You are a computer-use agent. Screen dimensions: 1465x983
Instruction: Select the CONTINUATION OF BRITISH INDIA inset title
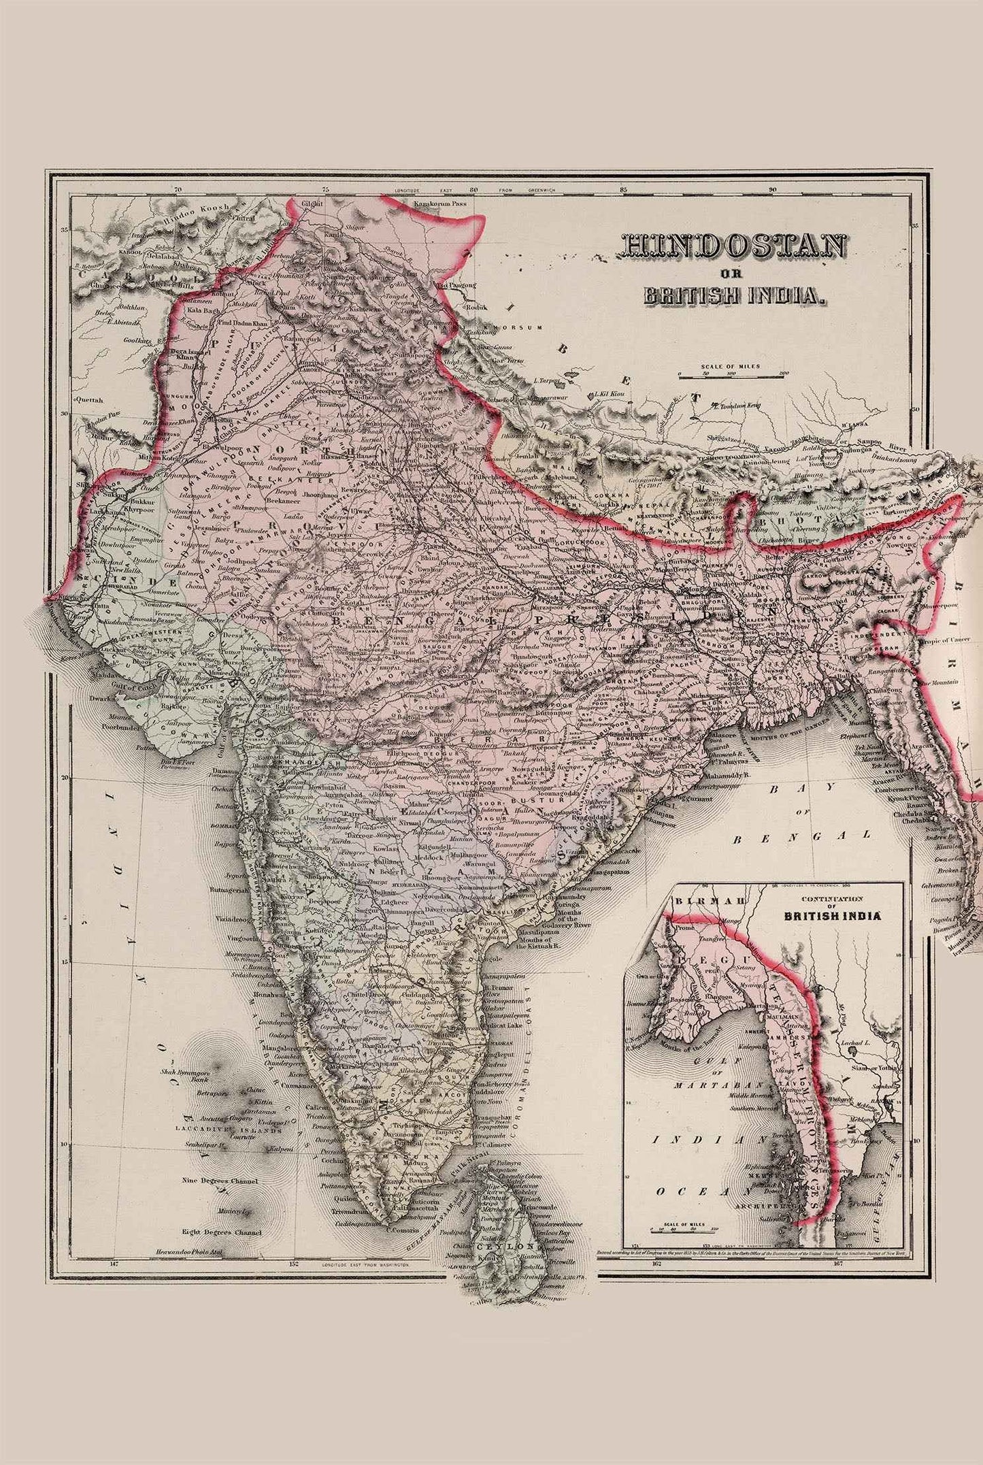tap(831, 911)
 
